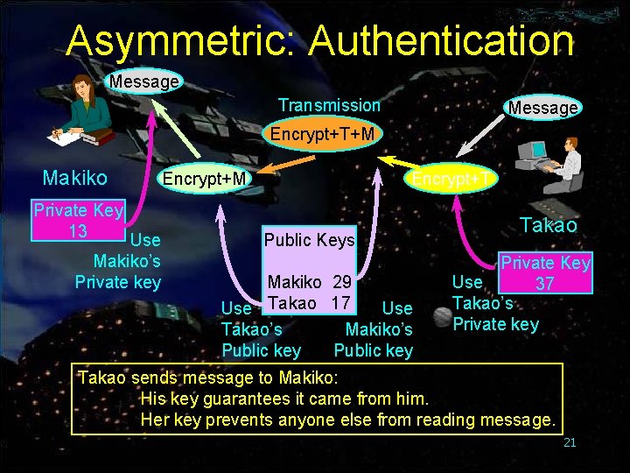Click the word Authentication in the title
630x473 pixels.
[x=441, y=41]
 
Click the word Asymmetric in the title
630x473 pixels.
[x=179, y=41]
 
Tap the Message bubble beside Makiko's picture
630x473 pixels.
[x=144, y=81]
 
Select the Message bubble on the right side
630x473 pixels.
[x=543, y=107]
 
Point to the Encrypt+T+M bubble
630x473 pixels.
[x=322, y=134]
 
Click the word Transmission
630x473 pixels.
[x=329, y=105]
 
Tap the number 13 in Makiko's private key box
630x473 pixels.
[x=77, y=231]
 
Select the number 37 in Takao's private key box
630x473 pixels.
[x=544, y=284]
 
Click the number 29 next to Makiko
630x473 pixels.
[x=341, y=282]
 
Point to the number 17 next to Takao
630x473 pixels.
[x=341, y=303]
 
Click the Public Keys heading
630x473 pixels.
[x=309, y=240]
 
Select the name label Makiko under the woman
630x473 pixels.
[x=75, y=179]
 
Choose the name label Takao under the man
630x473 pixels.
[x=549, y=225]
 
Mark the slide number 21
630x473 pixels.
[x=570, y=442]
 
